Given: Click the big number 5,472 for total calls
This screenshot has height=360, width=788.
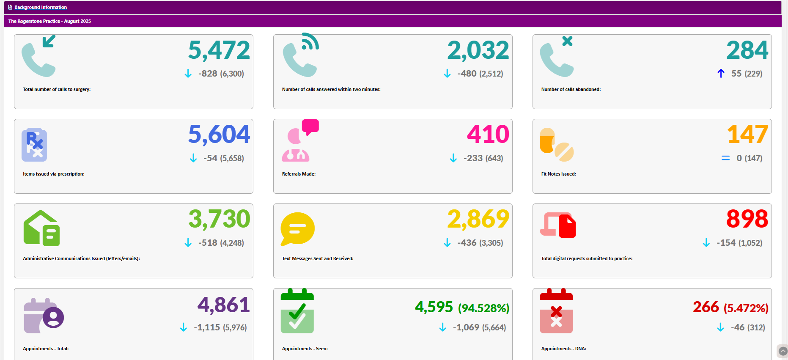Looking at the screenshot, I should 219,50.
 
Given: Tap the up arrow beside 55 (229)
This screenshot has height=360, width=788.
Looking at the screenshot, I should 721,74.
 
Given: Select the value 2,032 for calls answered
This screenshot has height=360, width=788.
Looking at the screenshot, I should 478,50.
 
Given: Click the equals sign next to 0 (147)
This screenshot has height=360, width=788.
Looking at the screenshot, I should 725,158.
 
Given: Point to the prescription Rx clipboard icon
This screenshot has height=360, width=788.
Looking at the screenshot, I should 34,145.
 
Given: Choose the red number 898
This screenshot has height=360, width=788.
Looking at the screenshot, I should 747,219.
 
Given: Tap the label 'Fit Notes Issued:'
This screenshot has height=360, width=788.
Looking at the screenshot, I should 558,174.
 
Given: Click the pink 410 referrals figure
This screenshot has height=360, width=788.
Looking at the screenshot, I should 488,135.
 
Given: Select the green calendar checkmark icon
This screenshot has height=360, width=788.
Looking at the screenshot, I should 297,311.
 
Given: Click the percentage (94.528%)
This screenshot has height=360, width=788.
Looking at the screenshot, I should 483,308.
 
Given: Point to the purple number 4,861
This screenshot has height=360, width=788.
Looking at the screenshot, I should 223,305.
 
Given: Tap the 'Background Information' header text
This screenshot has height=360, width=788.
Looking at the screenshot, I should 41,7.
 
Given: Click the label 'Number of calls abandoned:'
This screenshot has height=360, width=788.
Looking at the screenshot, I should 571,89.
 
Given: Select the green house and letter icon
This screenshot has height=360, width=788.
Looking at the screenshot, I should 41,228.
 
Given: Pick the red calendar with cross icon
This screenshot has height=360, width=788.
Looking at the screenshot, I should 556,311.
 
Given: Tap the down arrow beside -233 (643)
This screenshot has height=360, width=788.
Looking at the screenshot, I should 453,158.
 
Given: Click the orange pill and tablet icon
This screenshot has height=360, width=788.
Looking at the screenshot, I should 556,145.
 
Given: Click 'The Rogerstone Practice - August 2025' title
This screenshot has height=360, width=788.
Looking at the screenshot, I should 49,21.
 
